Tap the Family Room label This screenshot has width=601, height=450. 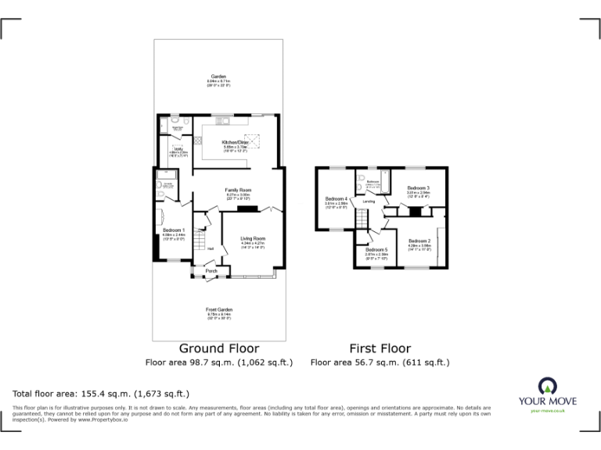(238, 191)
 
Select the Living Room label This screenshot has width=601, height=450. (253, 238)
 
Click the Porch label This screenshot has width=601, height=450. (211, 271)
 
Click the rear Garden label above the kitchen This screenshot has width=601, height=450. (218, 76)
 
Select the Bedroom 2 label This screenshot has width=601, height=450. (419, 241)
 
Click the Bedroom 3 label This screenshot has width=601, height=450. (419, 188)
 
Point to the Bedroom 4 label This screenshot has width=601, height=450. (336, 198)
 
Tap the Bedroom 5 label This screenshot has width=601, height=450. (376, 249)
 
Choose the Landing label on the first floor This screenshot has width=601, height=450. (369, 202)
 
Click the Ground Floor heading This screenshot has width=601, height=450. (219, 348)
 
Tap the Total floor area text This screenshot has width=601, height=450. (102, 394)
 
